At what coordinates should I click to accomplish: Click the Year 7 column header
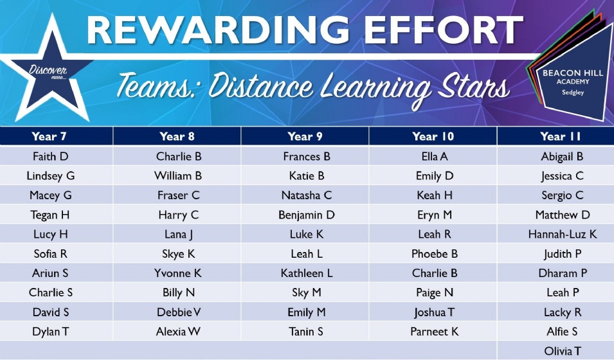[x=49, y=136]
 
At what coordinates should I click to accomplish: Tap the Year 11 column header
[x=561, y=136]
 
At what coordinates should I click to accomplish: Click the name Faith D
[x=51, y=157]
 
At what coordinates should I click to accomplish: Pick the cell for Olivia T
[x=563, y=351]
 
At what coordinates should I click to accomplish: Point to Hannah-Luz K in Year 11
[x=563, y=234]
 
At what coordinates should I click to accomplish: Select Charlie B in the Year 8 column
[x=179, y=157]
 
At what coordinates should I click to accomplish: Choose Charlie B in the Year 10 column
[x=435, y=273]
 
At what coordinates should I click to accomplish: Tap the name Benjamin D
[x=307, y=215]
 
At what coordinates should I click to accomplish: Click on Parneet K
[x=434, y=332]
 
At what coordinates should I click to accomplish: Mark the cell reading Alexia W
[x=178, y=332]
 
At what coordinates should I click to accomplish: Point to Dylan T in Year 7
[x=51, y=332]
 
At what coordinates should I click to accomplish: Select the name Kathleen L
[x=307, y=273]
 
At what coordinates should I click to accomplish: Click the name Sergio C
[x=563, y=195]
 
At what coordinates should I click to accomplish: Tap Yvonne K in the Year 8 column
[x=178, y=273]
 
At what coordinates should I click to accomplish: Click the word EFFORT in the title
[x=446, y=30]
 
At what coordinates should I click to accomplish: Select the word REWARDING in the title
[x=218, y=30]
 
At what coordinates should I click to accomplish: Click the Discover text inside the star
[x=48, y=71]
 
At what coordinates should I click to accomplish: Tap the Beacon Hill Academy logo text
[x=573, y=82]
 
